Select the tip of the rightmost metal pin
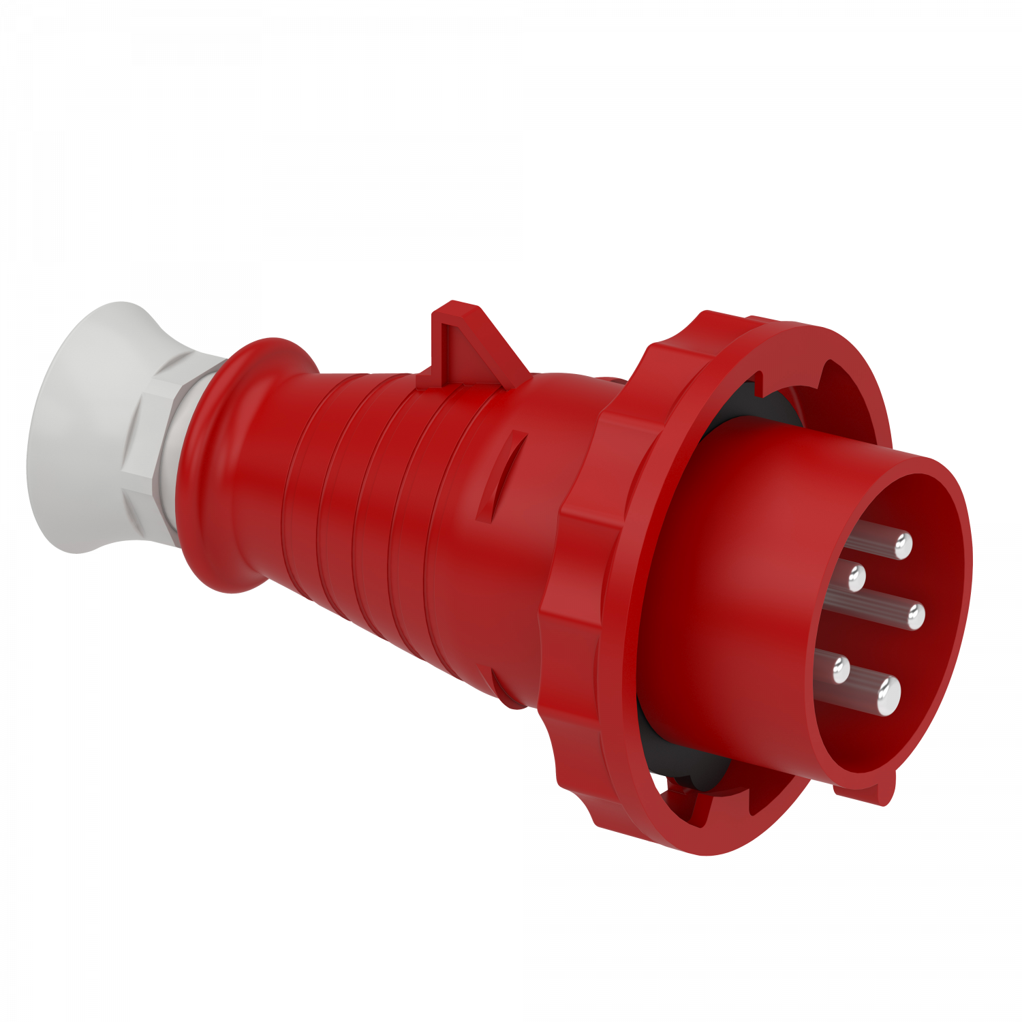point(916,617)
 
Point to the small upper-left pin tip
point(856,578)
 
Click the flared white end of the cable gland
point(65,436)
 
